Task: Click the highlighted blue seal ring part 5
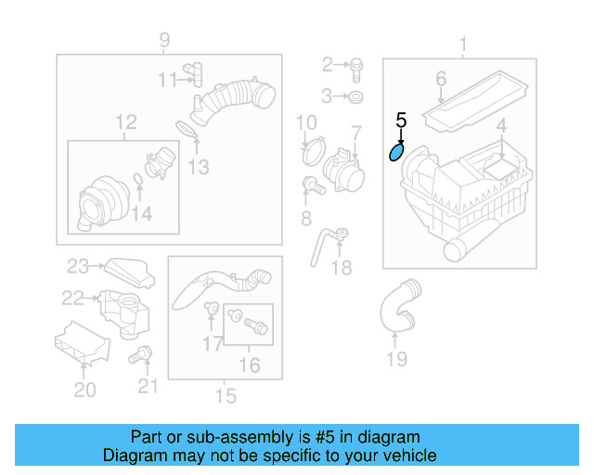tap(396, 150)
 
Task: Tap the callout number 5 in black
tap(401, 120)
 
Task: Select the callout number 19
tap(396, 359)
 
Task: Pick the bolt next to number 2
tap(355, 65)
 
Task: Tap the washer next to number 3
tap(356, 96)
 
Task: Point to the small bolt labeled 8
tap(313, 186)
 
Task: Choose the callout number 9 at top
tap(164, 40)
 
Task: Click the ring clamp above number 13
tap(187, 129)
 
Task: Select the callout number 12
tap(125, 122)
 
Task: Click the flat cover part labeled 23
tap(122, 270)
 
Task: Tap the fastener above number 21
tap(143, 353)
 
